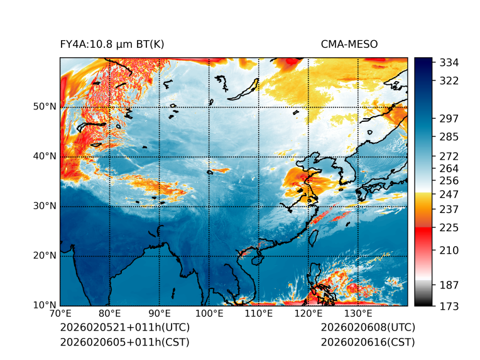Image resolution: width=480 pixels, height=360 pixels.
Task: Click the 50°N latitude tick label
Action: (x=45, y=107)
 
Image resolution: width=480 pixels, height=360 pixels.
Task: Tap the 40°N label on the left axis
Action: (x=45, y=156)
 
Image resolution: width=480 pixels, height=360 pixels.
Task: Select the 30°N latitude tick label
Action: (x=45, y=206)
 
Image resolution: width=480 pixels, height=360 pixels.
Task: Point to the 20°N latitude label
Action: (x=45, y=256)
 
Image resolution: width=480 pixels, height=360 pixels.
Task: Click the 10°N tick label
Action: (x=45, y=305)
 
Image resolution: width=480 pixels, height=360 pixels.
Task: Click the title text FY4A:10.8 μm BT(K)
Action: (x=112, y=45)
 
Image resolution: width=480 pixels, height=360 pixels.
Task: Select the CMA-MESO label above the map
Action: (x=349, y=45)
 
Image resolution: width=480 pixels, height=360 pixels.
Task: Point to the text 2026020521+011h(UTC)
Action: (x=124, y=328)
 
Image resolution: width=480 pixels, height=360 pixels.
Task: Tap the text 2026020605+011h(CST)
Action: (x=124, y=342)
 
